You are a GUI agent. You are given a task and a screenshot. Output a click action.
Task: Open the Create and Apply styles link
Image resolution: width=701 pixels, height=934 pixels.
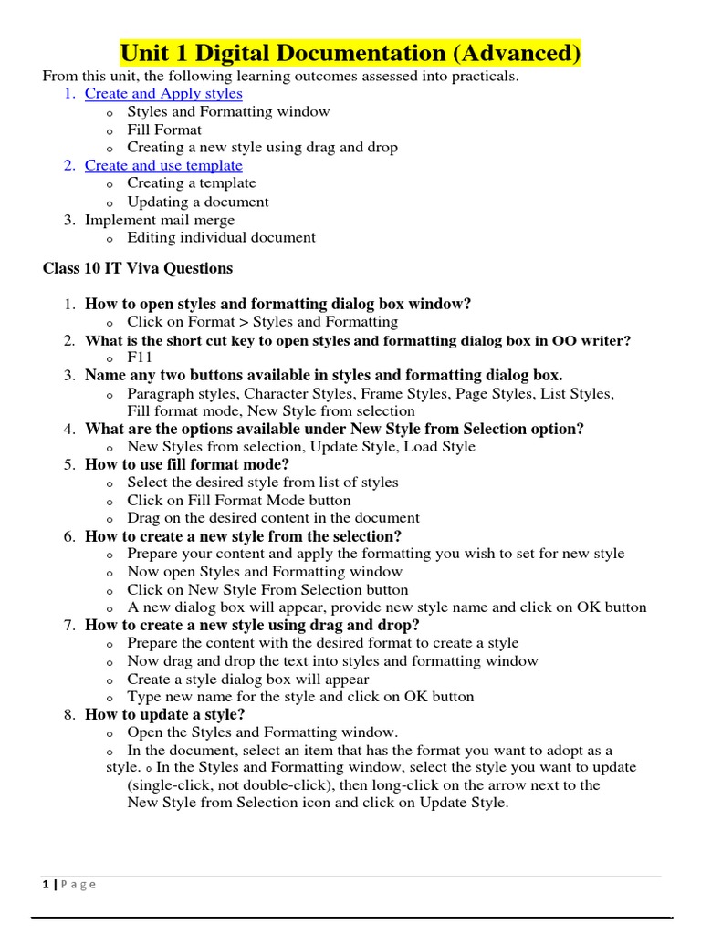tap(163, 93)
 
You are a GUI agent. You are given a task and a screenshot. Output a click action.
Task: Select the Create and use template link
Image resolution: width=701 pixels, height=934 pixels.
tap(163, 165)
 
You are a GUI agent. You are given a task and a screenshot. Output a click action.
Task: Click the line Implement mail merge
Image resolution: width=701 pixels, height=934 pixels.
tap(160, 220)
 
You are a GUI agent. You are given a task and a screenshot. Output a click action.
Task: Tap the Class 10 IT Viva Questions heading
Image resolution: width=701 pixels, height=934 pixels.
tap(138, 268)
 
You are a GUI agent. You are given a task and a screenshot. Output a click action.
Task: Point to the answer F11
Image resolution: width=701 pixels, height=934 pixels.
tap(139, 358)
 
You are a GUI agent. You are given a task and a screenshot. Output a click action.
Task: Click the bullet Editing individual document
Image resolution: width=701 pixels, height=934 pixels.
tap(221, 237)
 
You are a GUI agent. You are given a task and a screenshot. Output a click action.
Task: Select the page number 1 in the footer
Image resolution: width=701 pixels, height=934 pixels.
tap(46, 884)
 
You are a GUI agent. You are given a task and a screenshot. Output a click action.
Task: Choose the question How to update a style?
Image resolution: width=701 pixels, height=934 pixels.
tap(164, 714)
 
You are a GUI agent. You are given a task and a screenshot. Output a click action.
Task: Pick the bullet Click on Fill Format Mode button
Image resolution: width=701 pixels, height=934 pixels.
tap(238, 500)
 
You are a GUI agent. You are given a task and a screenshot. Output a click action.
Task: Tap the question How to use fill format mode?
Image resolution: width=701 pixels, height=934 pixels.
tap(186, 464)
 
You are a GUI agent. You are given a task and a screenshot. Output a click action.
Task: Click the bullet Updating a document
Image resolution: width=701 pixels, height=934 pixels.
tap(198, 202)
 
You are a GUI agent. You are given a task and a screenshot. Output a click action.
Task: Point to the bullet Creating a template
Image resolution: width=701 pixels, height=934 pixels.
tap(192, 183)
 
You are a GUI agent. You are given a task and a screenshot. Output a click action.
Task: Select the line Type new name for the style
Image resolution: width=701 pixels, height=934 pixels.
tap(300, 696)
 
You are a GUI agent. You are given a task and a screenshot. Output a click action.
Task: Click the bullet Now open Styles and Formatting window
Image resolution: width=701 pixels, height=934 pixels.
tap(265, 572)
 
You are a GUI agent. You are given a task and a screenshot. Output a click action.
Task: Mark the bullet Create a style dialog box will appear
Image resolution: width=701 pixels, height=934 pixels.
tap(248, 679)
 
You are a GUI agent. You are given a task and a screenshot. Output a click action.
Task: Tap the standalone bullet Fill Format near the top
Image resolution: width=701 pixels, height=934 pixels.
tap(164, 130)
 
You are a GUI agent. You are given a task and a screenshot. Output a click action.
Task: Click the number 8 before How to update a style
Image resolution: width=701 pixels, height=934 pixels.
tap(68, 714)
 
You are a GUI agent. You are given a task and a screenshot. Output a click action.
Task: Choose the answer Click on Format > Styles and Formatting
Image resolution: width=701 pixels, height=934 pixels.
tap(262, 321)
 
